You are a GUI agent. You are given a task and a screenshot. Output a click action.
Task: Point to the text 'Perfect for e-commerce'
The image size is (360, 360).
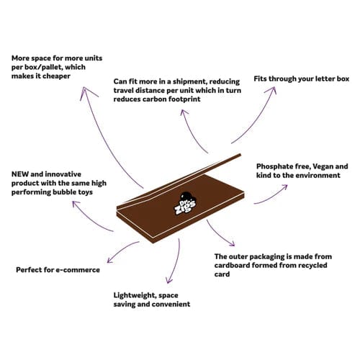(x=58, y=270)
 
